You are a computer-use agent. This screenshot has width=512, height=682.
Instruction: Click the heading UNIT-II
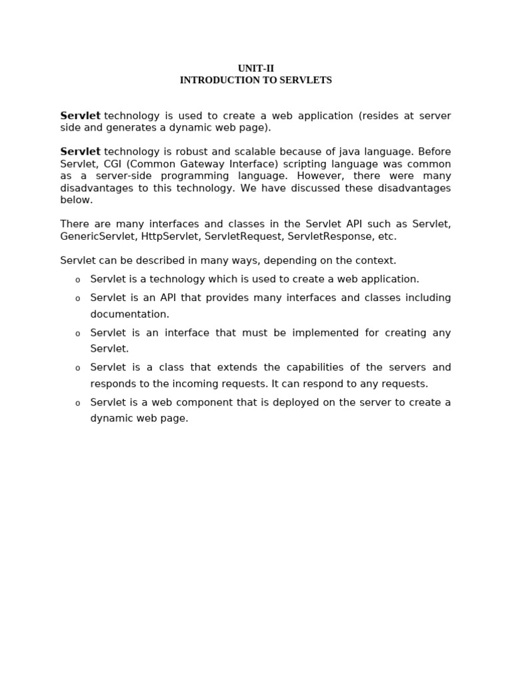pos(256,69)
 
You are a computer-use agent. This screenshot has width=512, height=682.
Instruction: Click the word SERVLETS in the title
pos(303,81)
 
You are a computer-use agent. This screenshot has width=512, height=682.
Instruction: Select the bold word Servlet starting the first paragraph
pos(80,116)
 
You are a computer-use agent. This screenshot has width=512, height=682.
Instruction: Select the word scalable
pos(255,152)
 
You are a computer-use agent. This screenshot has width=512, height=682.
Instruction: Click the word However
pos(320,176)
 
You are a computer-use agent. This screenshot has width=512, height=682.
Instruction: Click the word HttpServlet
pos(170,236)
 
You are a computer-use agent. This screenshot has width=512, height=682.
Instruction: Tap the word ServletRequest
pos(243,236)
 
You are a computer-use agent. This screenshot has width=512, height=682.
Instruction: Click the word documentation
pos(130,314)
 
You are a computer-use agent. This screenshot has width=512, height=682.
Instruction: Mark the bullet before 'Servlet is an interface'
pos(77,334)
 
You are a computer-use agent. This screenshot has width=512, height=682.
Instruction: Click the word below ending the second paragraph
pos(77,200)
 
